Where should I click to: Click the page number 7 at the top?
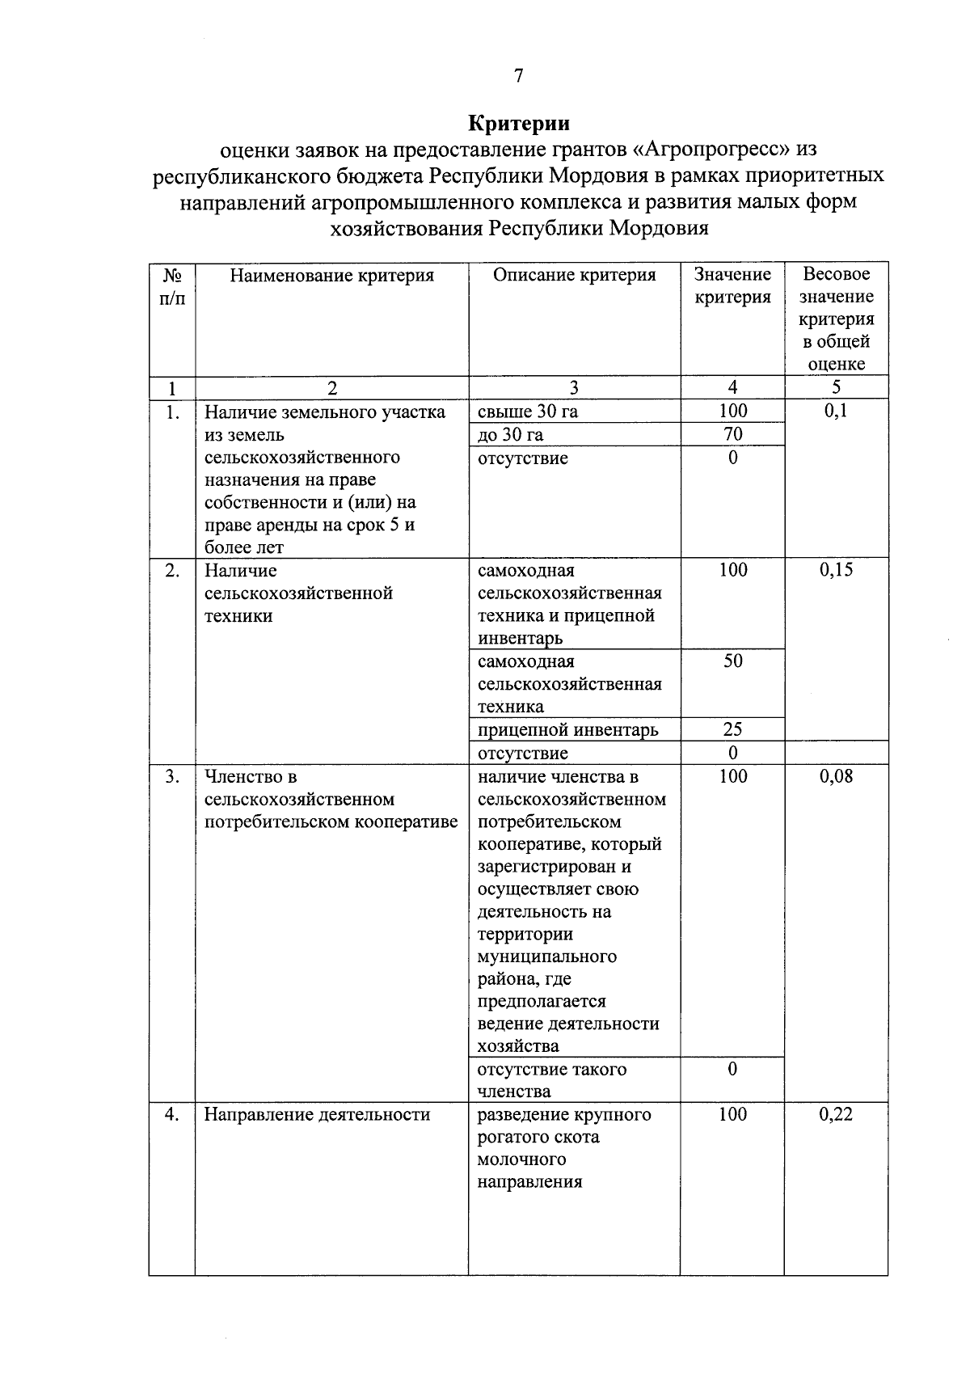(x=518, y=76)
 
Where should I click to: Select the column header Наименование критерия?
(x=331, y=276)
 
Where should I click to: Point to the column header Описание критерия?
(x=574, y=275)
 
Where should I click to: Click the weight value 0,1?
(x=836, y=411)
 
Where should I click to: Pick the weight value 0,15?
(x=836, y=570)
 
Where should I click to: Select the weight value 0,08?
(x=836, y=776)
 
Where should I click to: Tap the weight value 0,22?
(x=836, y=1114)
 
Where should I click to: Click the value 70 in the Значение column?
(x=732, y=434)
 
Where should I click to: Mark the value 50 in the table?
(x=732, y=661)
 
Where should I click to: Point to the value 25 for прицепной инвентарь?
(x=732, y=729)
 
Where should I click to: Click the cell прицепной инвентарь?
(x=568, y=730)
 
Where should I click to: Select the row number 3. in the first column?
(x=172, y=776)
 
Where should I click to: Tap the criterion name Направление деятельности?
(x=317, y=1115)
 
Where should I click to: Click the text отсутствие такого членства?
(x=552, y=1080)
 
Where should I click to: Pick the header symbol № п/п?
(x=171, y=286)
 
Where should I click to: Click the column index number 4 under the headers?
(x=732, y=387)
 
